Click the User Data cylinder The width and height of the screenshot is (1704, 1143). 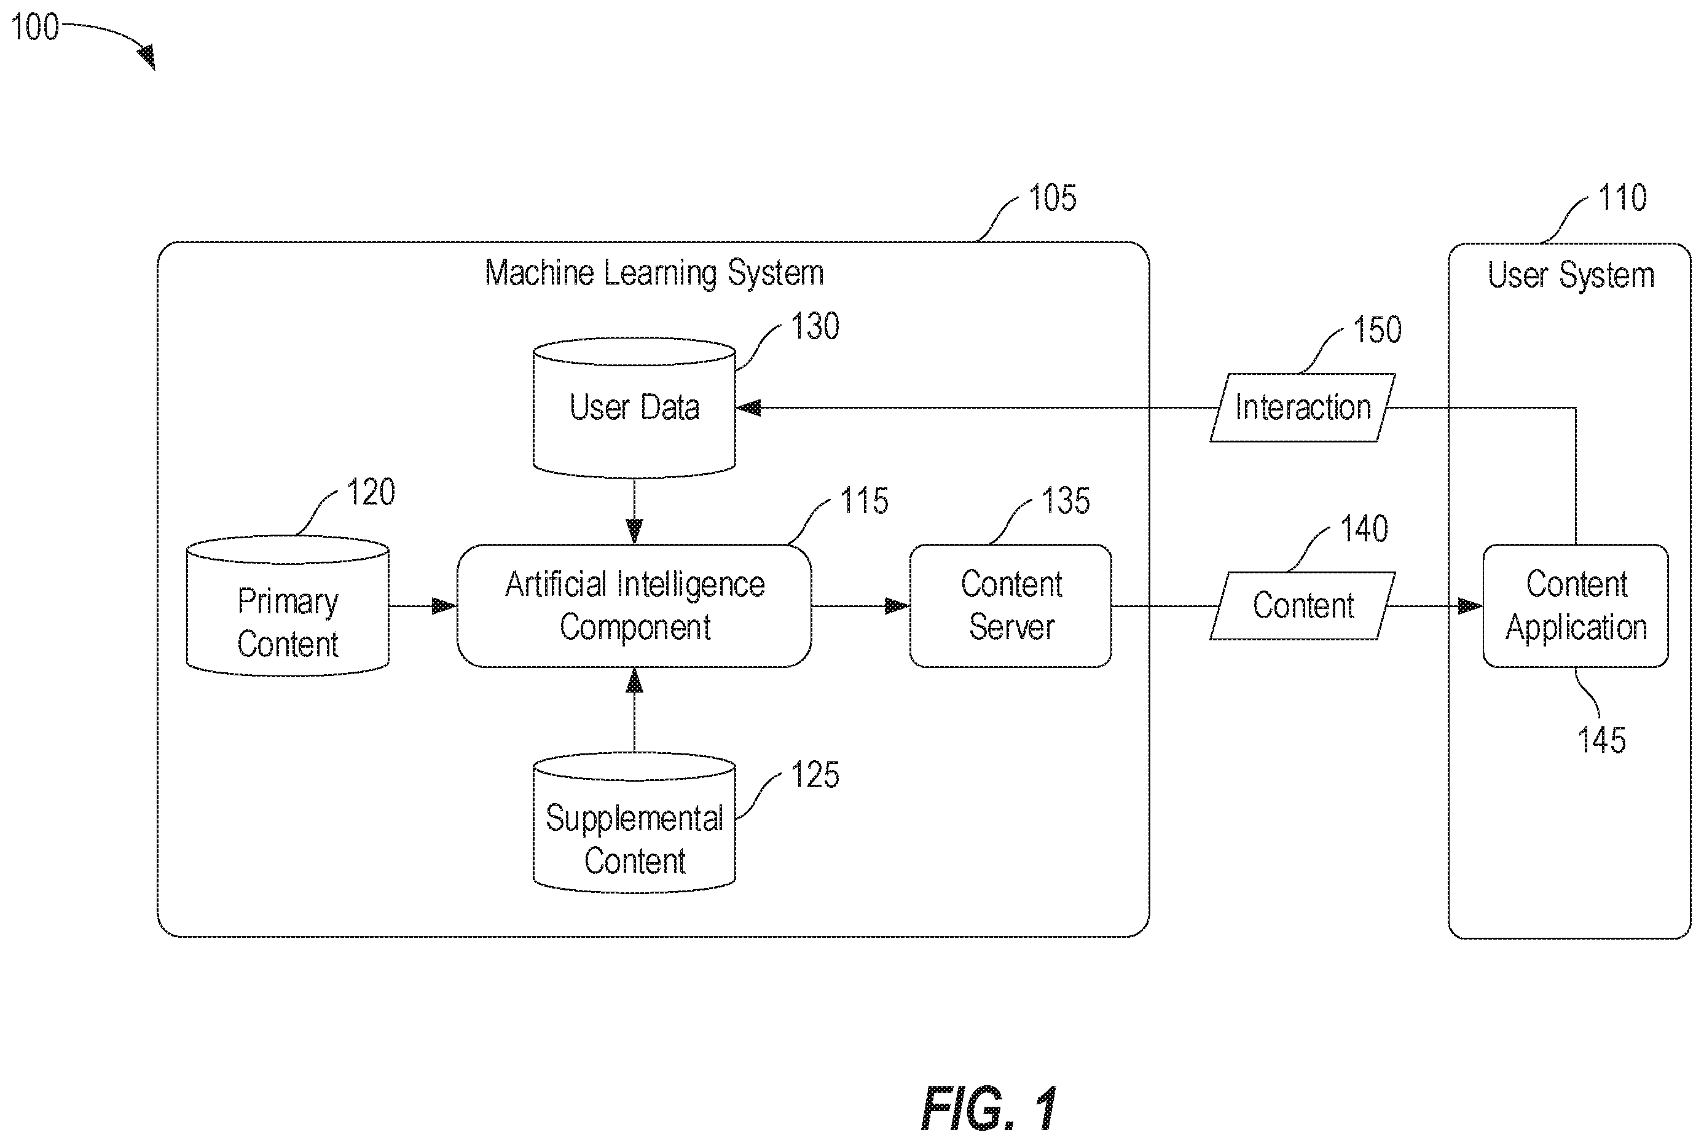pos(634,407)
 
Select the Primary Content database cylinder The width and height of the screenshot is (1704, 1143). pos(287,606)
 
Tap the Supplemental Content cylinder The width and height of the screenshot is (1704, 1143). pos(634,822)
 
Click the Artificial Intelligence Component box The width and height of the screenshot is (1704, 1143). pos(634,606)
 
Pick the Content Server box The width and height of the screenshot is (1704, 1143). pos(1011,606)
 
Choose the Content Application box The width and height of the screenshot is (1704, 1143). pos(1576,606)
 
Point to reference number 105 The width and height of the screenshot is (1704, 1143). pos(1051,198)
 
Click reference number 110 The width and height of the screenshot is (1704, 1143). pos(1622,198)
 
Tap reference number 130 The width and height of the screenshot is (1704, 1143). pos(815,326)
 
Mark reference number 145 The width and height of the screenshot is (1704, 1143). pos(1601,740)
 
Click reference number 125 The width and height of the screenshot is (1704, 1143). pos(815,774)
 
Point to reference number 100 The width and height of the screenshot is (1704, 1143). pos(34,27)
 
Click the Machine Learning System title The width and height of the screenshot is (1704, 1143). pos(654,274)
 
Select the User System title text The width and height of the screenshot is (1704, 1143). pos(1571,275)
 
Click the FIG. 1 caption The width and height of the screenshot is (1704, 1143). pos(989,1108)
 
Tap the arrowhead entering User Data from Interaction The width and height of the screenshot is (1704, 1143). pos(748,407)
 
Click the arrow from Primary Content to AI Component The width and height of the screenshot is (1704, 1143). pos(423,606)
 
